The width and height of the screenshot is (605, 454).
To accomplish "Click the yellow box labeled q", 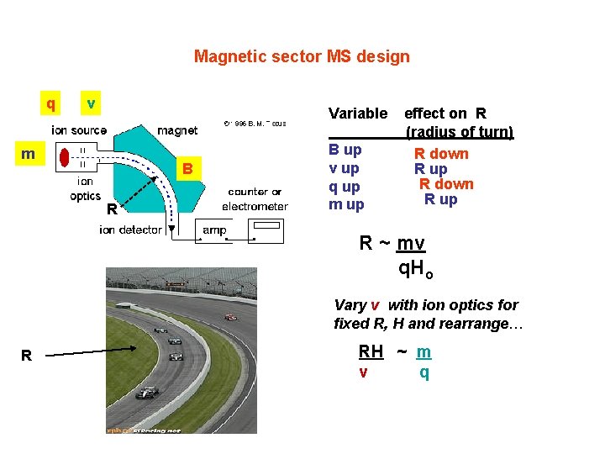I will pos(51,103).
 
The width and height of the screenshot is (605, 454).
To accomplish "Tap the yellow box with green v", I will pos(91,103).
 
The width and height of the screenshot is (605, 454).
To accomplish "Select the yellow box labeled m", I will pos(29,154).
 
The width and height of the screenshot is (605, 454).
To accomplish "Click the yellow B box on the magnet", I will pos(188,169).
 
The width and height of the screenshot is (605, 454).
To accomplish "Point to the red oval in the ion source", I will pos(64,156).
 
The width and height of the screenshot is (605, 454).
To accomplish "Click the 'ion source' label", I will pos(79,130).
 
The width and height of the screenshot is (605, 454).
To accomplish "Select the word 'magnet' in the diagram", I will pos(177,130).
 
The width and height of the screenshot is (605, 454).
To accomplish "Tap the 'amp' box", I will pos(214,230).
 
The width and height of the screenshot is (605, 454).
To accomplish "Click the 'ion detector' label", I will pos(130,230).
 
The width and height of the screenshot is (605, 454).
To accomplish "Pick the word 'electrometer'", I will pos(255,206).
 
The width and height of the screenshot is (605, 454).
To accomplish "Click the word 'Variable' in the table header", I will pos(358,113).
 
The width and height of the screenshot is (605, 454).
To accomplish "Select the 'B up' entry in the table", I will pos(345,150).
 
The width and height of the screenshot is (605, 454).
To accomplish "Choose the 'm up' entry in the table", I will pos(346,205).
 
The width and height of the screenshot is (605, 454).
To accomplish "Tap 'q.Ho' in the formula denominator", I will pos(416,269).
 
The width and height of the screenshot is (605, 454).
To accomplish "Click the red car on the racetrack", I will pos(230,317).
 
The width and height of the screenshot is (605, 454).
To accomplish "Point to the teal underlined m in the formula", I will pos(424,352).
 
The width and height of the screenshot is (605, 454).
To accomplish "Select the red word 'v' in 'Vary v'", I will pos(375,305).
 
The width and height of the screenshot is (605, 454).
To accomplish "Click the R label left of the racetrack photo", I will pos(26,356).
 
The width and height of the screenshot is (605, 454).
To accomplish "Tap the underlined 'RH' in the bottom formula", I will pos(371,352).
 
